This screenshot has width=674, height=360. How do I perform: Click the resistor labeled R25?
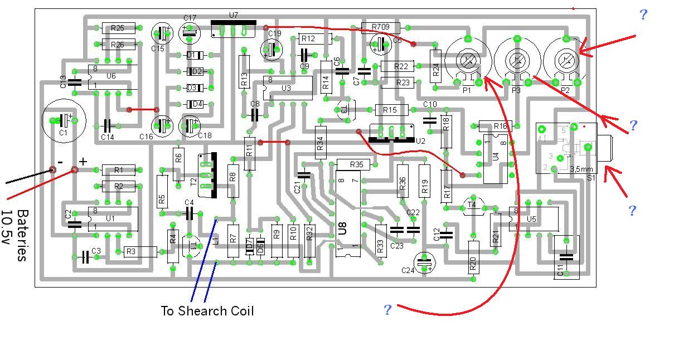click(118, 28)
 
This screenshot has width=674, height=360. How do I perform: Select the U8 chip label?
click(342, 227)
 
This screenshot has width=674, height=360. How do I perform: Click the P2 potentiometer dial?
click(565, 59)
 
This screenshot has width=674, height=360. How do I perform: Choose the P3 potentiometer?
click(517, 60)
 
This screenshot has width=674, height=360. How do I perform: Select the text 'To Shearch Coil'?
click(207, 311)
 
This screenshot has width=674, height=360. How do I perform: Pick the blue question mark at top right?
click(643, 14)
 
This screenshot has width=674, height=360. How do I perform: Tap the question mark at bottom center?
click(387, 310)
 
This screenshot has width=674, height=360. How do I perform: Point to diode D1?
click(195, 55)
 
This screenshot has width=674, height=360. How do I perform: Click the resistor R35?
click(356, 164)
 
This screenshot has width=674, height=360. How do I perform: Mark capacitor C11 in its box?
click(566, 257)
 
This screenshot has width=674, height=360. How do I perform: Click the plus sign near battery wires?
click(83, 162)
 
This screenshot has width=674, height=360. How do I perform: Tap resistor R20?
click(473, 256)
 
